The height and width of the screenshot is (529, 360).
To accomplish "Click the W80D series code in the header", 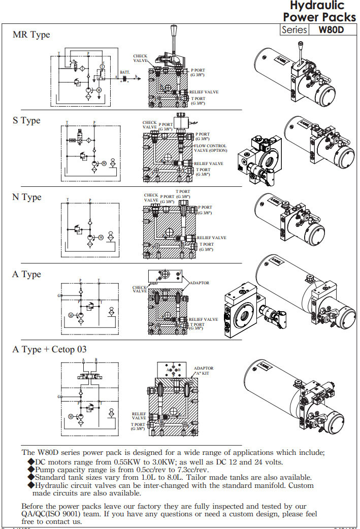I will coord(331,29).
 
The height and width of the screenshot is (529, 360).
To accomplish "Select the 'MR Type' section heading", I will coord(31,35).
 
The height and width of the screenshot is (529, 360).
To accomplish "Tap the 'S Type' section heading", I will coord(26,121).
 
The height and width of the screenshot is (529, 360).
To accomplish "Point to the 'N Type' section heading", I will coord(27,197).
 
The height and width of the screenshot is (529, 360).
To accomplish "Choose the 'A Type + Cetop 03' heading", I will coord(49,349).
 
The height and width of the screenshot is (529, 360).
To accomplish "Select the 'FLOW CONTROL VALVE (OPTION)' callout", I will coord(210,148).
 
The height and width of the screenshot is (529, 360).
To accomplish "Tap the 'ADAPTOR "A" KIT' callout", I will coord(204,371).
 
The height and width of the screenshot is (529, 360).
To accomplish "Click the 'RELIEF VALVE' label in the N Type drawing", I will coord(212,238).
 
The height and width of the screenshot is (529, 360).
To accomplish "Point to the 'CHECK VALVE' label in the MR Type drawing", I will coord(140,58).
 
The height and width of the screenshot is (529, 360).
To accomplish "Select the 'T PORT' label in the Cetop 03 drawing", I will coord(138,426).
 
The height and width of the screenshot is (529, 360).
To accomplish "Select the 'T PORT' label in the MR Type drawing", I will coord(199,101).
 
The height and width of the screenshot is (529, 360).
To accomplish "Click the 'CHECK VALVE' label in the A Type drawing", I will coord(140,289).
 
